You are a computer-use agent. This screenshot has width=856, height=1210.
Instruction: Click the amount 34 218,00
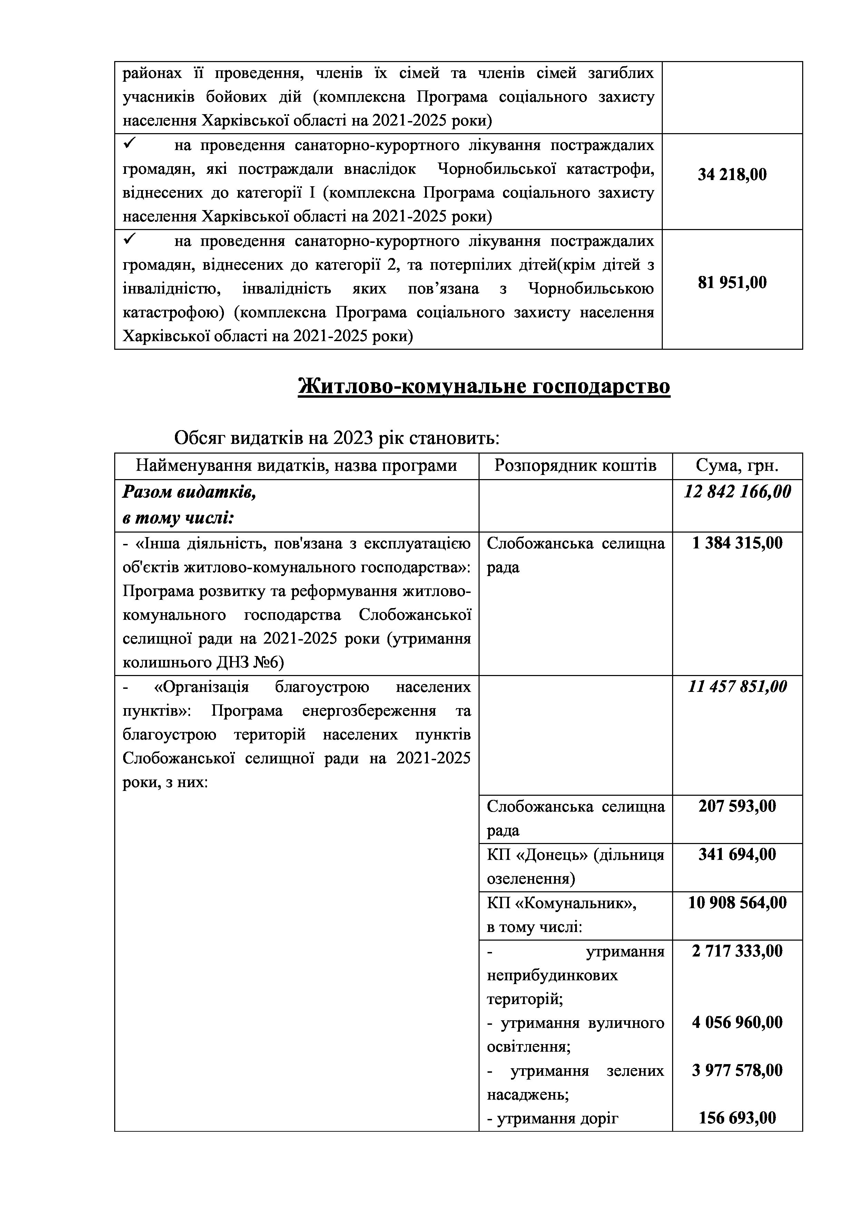point(732,175)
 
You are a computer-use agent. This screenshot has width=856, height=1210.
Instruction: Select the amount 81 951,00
point(732,283)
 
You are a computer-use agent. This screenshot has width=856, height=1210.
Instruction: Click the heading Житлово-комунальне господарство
point(484,386)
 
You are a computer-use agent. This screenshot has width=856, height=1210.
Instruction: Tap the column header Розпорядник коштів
point(575,466)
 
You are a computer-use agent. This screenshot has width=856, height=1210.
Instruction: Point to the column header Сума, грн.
point(737,466)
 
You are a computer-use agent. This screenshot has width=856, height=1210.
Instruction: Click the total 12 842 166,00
point(737,492)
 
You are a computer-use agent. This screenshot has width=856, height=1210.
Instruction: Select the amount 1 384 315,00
point(737,543)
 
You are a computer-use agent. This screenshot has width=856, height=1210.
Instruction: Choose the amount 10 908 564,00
point(737,903)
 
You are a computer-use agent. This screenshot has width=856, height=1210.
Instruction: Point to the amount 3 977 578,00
point(737,1070)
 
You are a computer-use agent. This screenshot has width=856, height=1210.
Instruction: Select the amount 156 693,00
point(737,1118)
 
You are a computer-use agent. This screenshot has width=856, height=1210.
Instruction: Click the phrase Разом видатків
point(189,492)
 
